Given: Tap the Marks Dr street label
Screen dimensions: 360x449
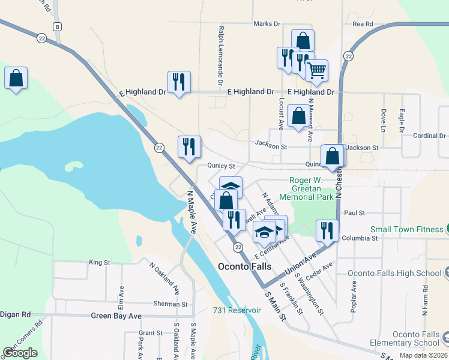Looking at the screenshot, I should pos(267,24).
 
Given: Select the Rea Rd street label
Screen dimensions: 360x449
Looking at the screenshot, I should pos(363,24).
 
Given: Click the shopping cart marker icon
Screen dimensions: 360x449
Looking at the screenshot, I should pos(316,70).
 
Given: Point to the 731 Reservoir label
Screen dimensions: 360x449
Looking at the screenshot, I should pos(237,310).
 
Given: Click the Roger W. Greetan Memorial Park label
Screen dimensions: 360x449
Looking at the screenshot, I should pos(312,188).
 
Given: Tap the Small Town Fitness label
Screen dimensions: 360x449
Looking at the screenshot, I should pos(406,229).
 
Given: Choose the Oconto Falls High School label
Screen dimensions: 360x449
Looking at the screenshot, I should pos(394,273).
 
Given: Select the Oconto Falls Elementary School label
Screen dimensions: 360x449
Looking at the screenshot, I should pos(416,339).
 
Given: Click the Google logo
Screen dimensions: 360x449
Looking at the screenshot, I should pos(20,353).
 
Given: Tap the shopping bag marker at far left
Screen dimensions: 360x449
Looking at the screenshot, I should pos(16,78).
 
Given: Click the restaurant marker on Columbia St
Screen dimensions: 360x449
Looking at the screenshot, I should pos(327,230).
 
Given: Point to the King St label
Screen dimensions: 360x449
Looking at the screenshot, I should pos(100,262).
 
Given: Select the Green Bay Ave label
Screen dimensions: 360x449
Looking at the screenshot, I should pos(116,316).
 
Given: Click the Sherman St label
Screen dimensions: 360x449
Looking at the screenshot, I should pos(170,304).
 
